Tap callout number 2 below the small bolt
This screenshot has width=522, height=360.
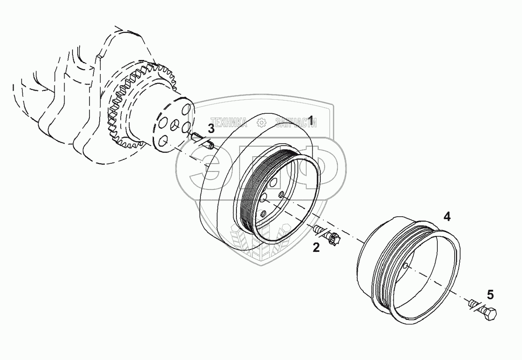pyautogui.click(x=316, y=248)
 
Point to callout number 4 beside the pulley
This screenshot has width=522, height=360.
pyautogui.click(x=447, y=216)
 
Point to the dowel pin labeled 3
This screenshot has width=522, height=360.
pyautogui.click(x=202, y=140)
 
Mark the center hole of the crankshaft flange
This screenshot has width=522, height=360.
pyautogui.click(x=174, y=125)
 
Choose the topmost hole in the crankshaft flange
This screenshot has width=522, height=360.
pyautogui.click(x=186, y=110)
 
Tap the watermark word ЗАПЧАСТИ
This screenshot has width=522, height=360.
pyautogui.click(x=296, y=123)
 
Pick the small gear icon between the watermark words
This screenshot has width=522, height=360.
pyautogui.click(x=262, y=123)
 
